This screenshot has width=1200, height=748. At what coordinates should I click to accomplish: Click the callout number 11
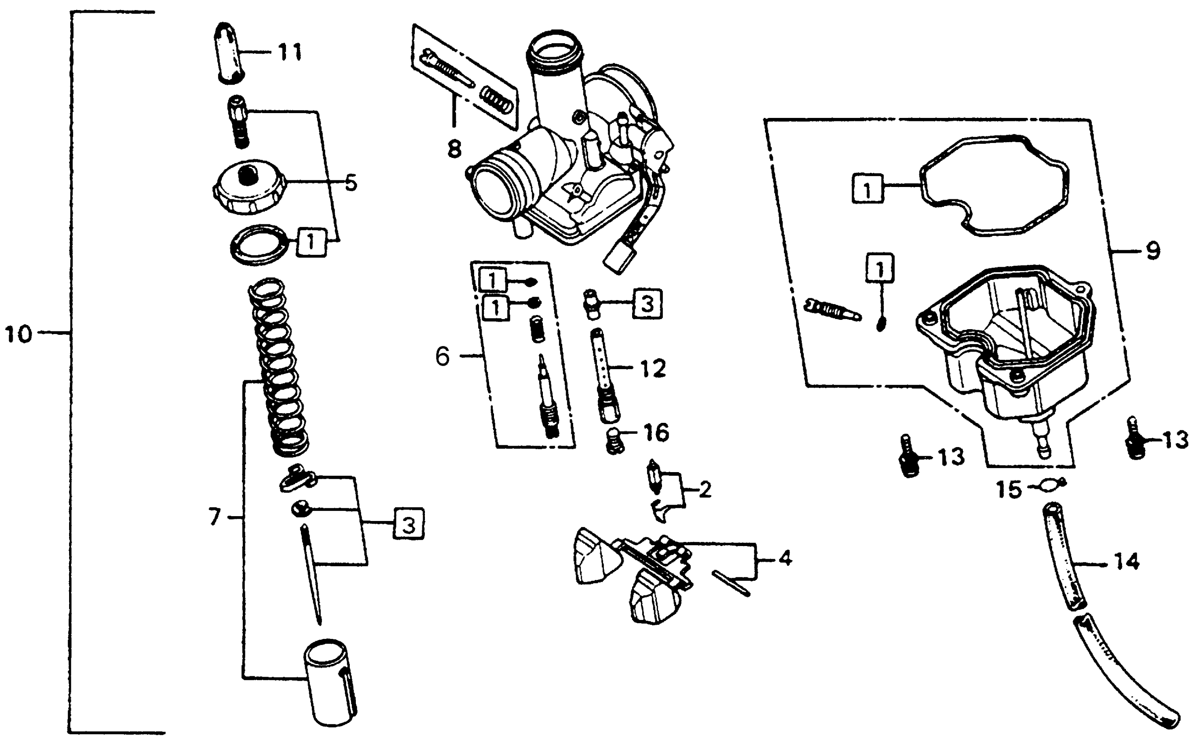pos(290,52)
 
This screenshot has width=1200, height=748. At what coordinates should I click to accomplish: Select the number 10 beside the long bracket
pos(18,335)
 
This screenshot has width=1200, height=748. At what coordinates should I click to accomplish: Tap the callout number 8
pos(454,148)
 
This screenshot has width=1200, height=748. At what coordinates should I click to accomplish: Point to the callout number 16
pos(656,433)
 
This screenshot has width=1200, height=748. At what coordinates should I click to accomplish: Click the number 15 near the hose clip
pos(1009,490)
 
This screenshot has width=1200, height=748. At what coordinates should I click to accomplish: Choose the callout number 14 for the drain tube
pos(1127,562)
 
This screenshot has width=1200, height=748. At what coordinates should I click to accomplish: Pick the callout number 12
pos(653,369)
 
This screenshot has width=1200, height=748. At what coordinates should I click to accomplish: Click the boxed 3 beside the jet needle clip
pos(408,524)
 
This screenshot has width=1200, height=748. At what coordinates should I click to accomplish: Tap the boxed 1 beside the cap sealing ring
pos(311,242)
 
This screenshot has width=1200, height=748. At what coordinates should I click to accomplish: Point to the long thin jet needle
pos(311,574)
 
